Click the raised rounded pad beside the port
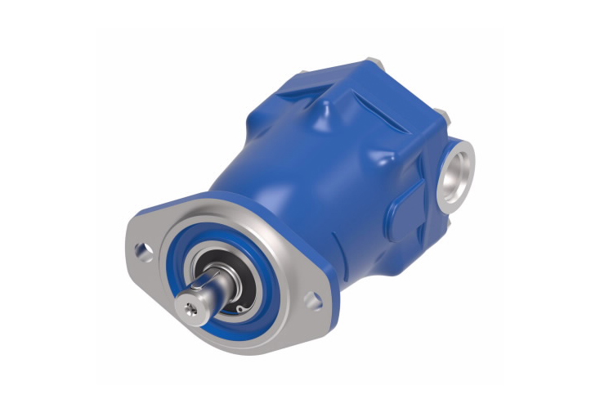410,201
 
